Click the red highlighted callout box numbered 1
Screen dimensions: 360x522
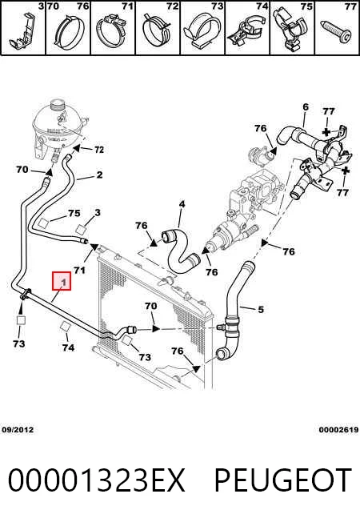click(x=62, y=281)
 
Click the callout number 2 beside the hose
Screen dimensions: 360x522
click(x=99, y=175)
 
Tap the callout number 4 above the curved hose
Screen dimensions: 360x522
click(x=182, y=203)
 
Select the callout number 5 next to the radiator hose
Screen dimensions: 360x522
click(x=261, y=309)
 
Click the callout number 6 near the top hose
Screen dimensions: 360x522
click(x=306, y=106)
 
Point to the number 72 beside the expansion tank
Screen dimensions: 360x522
click(x=99, y=150)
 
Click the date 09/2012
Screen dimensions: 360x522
click(x=18, y=430)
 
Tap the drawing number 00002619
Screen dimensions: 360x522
click(x=338, y=430)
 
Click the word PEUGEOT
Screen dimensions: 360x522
click(x=283, y=480)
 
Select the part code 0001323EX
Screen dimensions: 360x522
click(x=96, y=480)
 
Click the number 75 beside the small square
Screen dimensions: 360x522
click(x=74, y=213)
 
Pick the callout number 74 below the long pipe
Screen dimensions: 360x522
click(x=68, y=347)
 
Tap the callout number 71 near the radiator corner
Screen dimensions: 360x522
click(x=79, y=270)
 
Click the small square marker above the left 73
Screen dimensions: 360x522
click(x=21, y=320)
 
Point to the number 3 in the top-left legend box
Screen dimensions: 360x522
click(x=41, y=6)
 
